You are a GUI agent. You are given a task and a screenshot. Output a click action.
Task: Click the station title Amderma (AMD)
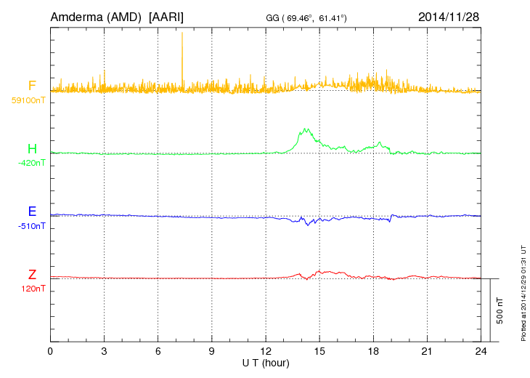(96, 16)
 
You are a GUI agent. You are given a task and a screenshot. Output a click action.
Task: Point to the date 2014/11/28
(448, 16)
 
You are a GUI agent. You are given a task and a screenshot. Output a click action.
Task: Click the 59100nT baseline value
(28, 100)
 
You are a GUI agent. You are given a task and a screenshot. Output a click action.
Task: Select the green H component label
(32, 150)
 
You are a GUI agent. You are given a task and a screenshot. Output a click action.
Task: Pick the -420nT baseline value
(30, 163)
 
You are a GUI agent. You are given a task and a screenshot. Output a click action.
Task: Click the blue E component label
(32, 212)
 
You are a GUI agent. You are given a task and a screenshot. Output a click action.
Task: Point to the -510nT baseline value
(30, 225)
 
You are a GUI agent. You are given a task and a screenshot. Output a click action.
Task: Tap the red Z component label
(32, 275)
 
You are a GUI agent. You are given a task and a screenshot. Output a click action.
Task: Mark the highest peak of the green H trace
(307, 129)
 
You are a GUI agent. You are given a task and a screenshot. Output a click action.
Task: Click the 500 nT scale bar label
(500, 310)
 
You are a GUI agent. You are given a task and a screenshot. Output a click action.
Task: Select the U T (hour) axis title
(266, 362)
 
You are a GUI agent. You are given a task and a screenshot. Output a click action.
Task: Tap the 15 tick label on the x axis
(319, 351)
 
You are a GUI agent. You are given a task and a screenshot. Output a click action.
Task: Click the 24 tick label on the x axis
(480, 351)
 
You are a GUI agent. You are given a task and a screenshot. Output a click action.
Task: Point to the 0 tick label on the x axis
(50, 351)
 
